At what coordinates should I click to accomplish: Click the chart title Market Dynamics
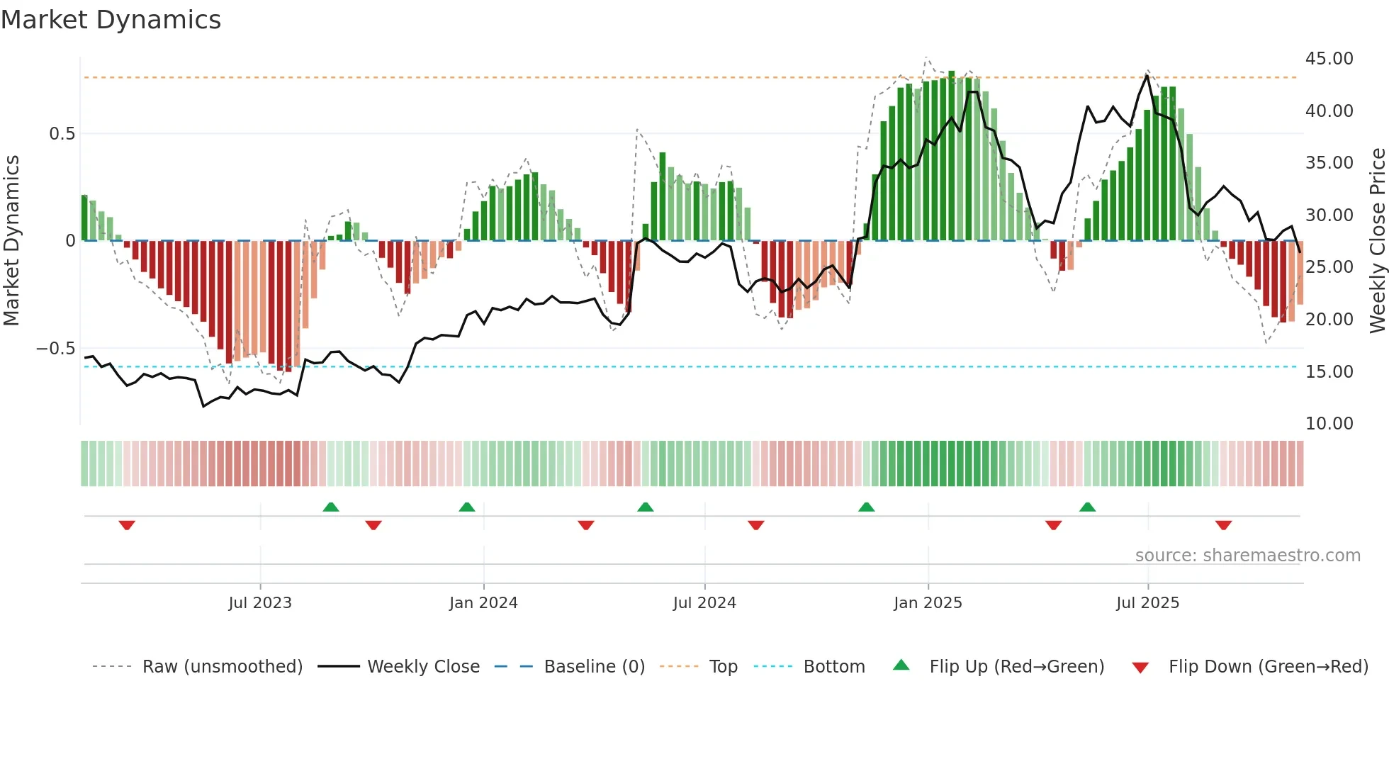point(111,20)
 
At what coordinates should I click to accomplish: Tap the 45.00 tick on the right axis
point(1329,59)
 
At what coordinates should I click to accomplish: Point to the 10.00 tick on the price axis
point(1329,424)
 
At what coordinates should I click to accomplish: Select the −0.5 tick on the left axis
point(55,349)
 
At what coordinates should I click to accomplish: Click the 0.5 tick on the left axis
point(62,134)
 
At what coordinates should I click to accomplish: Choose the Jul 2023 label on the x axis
point(260,603)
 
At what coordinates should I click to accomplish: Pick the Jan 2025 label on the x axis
point(928,603)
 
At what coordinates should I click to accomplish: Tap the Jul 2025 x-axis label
point(1147,603)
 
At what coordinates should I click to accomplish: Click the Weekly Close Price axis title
point(1377,240)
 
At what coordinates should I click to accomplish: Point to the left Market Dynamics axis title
point(11,240)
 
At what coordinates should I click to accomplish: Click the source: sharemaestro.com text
point(1247,556)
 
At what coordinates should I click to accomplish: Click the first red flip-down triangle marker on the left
point(127,525)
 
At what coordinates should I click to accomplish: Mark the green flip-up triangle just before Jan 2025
point(866,507)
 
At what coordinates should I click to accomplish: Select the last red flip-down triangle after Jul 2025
point(1223,525)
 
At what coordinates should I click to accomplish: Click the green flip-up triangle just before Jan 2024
point(466,507)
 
